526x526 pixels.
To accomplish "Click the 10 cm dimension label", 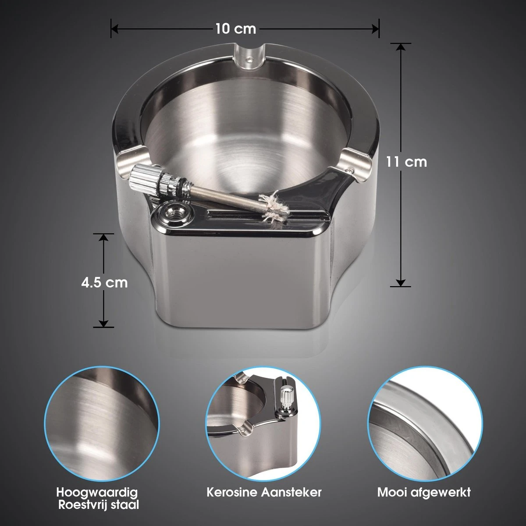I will pos(235,29).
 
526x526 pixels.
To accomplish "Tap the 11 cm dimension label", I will pos(406,162).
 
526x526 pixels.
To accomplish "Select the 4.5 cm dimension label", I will pos(104,282).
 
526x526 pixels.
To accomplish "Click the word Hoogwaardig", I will pos(100,492).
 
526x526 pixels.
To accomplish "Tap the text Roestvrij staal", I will pos(99,505).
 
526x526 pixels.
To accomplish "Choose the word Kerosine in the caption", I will pos(232,492).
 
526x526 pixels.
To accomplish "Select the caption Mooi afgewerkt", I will pos(424,492).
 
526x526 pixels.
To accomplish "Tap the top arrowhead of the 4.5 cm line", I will pos(103,237).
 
